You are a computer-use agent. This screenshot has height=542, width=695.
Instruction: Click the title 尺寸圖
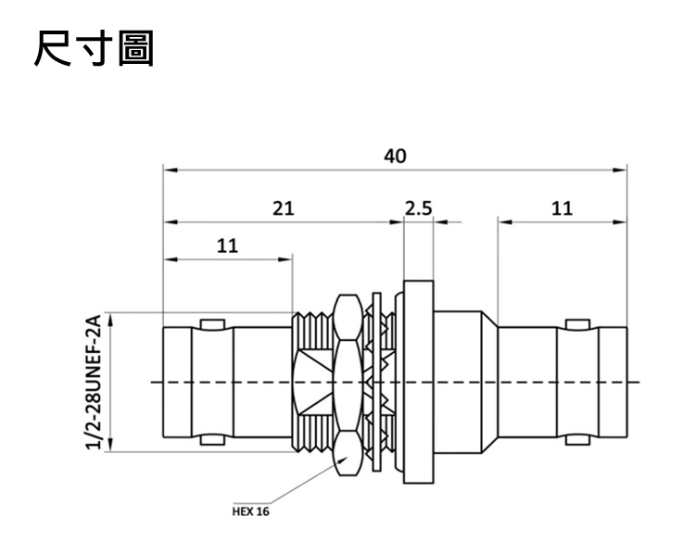94,48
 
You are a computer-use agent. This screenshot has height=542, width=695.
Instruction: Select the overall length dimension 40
395,156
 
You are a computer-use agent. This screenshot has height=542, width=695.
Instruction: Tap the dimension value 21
283,208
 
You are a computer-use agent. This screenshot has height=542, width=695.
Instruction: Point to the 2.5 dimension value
418,208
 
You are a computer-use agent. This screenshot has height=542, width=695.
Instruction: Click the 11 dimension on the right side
562,208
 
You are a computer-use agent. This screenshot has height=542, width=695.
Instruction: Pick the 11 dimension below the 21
227,246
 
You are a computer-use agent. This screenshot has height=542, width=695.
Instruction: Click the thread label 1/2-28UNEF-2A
93,381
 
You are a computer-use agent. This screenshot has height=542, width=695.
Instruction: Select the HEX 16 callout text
250,511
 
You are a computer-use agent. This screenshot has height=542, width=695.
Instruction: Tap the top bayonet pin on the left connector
212,324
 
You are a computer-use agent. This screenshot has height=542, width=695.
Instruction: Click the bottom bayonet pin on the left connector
212,440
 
